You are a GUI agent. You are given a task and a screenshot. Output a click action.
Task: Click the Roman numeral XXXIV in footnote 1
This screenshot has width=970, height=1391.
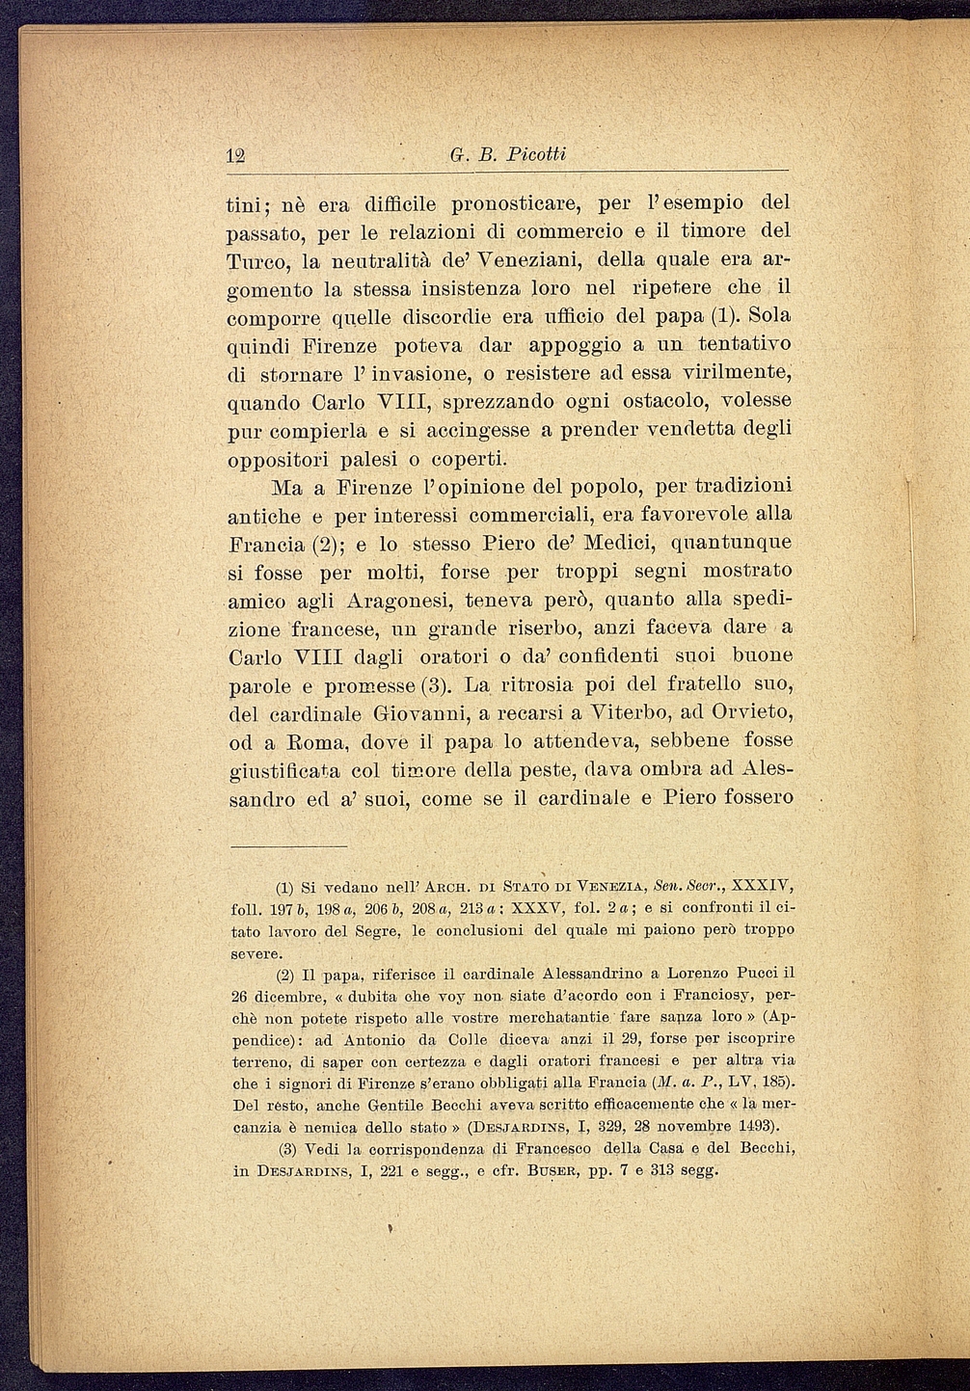763,886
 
